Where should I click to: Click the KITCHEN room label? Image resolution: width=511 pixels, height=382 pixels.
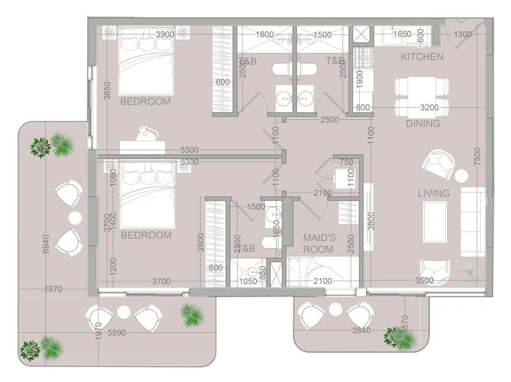[422, 57]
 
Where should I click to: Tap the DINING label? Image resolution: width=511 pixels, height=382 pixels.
[423, 124]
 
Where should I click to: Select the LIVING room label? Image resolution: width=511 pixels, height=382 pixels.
[434, 193]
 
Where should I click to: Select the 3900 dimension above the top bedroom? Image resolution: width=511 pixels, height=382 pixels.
[165, 34]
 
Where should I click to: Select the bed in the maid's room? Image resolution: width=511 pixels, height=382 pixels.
[316, 271]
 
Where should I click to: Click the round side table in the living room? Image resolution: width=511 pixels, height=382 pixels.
[461, 175]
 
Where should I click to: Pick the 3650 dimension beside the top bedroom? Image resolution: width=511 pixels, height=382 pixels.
[108, 90]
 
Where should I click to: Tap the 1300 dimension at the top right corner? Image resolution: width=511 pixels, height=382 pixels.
[463, 34]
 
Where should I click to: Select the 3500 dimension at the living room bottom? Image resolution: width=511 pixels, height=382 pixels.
[423, 280]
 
